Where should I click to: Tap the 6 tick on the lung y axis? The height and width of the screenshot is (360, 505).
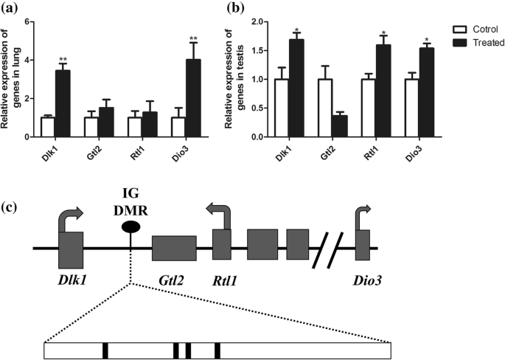27,21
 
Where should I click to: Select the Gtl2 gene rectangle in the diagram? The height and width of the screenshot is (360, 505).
174,248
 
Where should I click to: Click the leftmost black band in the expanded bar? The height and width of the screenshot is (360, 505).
105,350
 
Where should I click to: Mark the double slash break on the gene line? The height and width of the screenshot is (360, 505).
330,248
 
